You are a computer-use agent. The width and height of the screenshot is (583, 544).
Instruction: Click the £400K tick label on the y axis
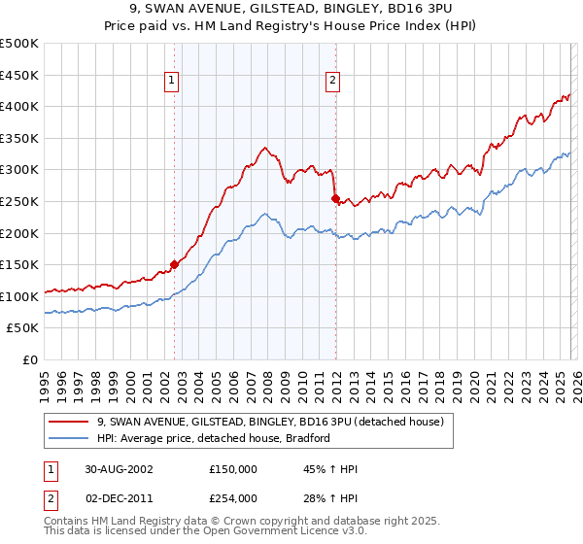[19, 106]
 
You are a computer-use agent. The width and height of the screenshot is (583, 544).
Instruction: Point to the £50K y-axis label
[22, 328]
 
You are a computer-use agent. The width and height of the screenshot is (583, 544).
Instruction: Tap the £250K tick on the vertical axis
[19, 201]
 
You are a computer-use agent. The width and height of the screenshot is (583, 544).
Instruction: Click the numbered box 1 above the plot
[171, 82]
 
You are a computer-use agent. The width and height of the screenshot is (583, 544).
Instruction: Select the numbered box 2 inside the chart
[332, 82]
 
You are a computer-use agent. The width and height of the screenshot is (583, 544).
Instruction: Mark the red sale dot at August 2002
[175, 263]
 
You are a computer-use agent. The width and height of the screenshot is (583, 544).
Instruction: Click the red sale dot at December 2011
[335, 199]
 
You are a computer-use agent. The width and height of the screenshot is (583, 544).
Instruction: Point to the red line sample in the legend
[71, 422]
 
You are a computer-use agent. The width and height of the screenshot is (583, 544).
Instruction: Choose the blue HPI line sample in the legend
[71, 438]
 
